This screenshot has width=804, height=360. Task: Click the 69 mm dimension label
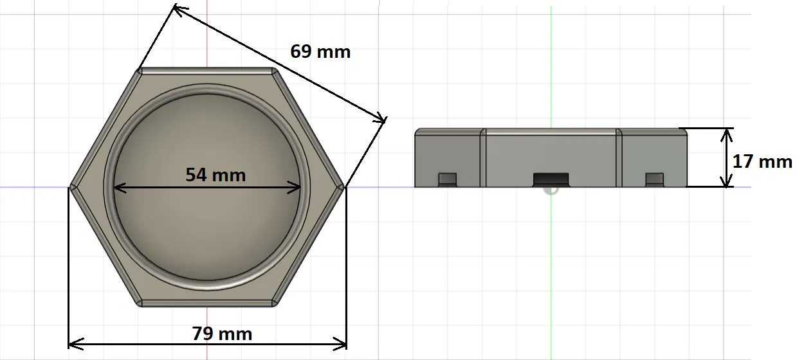point(320,51)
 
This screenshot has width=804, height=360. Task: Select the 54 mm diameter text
point(215,174)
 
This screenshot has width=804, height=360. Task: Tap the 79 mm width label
point(222,334)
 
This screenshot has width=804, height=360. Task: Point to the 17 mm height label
point(762,161)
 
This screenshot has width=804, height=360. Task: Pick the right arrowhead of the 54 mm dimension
point(298,188)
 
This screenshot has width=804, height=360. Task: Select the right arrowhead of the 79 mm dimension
point(343,345)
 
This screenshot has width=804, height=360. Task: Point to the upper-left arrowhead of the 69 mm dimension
point(177,8)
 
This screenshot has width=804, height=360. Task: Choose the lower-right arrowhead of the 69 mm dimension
point(383,119)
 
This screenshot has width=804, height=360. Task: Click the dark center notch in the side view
point(551,178)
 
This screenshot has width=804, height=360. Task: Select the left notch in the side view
point(447,178)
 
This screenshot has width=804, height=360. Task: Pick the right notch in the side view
point(654,178)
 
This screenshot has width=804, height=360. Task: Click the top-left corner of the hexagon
point(140,69)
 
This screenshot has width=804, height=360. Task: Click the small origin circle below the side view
point(551,190)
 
